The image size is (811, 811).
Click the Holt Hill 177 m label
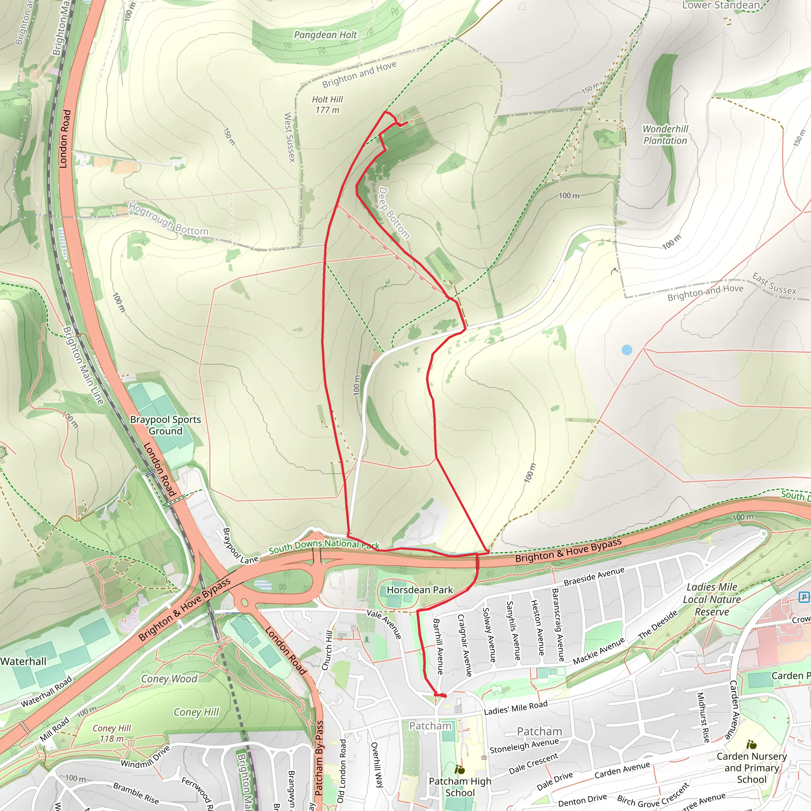pos(327,105)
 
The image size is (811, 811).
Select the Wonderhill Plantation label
pos(665,135)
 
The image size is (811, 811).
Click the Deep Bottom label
pos(393,213)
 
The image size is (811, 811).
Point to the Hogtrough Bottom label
pos(168,219)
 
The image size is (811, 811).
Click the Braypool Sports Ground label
pos(166,425)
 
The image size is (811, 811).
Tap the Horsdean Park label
pos(419,590)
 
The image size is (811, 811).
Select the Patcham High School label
pos(460,787)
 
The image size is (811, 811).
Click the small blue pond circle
pos(626,350)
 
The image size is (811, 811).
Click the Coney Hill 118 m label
pos(111,733)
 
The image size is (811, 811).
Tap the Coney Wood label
pos(169,679)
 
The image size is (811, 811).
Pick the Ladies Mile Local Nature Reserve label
pos(712,600)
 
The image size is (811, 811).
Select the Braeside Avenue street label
pos(594,576)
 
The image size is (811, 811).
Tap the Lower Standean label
pos(721,5)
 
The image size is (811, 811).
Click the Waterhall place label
pos(23,662)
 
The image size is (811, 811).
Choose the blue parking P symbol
pos(804,597)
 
